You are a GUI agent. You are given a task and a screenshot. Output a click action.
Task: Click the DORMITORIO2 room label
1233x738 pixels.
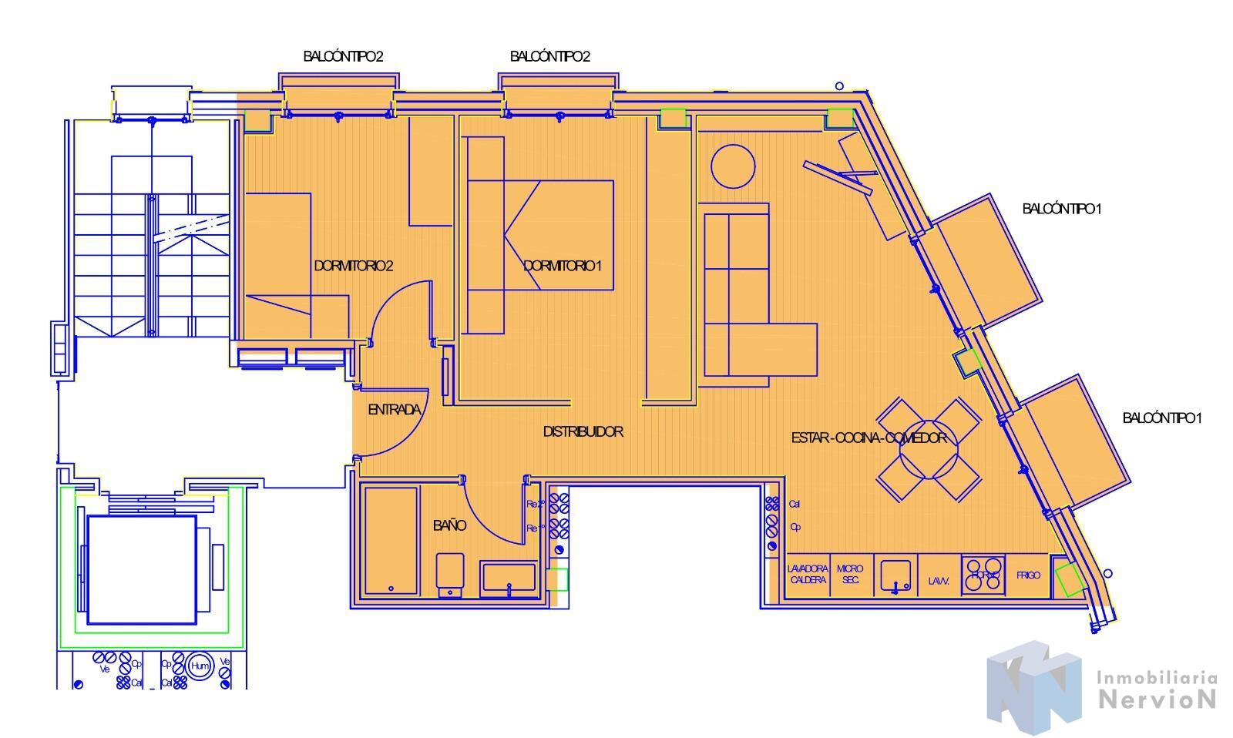pos(354,266)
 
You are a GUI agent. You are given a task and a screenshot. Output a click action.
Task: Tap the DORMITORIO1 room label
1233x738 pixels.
pos(562,266)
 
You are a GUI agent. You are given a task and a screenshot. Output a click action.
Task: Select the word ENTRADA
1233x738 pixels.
pos(394,410)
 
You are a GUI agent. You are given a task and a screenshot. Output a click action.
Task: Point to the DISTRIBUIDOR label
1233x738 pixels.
pos(583,431)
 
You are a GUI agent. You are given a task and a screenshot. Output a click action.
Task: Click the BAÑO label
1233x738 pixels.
pos(449,525)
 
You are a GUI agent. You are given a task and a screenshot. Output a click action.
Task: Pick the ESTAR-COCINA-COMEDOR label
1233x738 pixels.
pos(868,438)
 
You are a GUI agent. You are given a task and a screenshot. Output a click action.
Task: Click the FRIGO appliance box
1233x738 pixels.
pos(1028,575)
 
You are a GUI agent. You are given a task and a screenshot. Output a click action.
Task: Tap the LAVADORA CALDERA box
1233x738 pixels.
pos(807,575)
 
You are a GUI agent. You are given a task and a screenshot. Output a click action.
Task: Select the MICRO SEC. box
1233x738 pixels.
pos(850,575)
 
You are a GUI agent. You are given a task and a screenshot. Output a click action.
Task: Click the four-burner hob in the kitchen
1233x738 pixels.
pos(984,575)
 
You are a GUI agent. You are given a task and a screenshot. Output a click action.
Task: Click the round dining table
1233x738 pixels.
pos(929,450)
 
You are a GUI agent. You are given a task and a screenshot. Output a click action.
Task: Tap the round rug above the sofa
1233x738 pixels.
pos(732,166)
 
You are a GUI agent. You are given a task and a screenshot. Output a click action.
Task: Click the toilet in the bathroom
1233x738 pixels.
pos(450,574)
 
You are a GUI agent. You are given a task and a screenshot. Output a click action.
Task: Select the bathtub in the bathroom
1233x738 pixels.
pos(391,540)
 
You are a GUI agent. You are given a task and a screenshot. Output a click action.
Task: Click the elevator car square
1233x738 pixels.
pos(142,570)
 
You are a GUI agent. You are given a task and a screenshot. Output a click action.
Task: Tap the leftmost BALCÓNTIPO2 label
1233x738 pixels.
pos(343,56)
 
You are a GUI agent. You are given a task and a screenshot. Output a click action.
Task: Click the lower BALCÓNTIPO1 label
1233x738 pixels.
pos(1161,418)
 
